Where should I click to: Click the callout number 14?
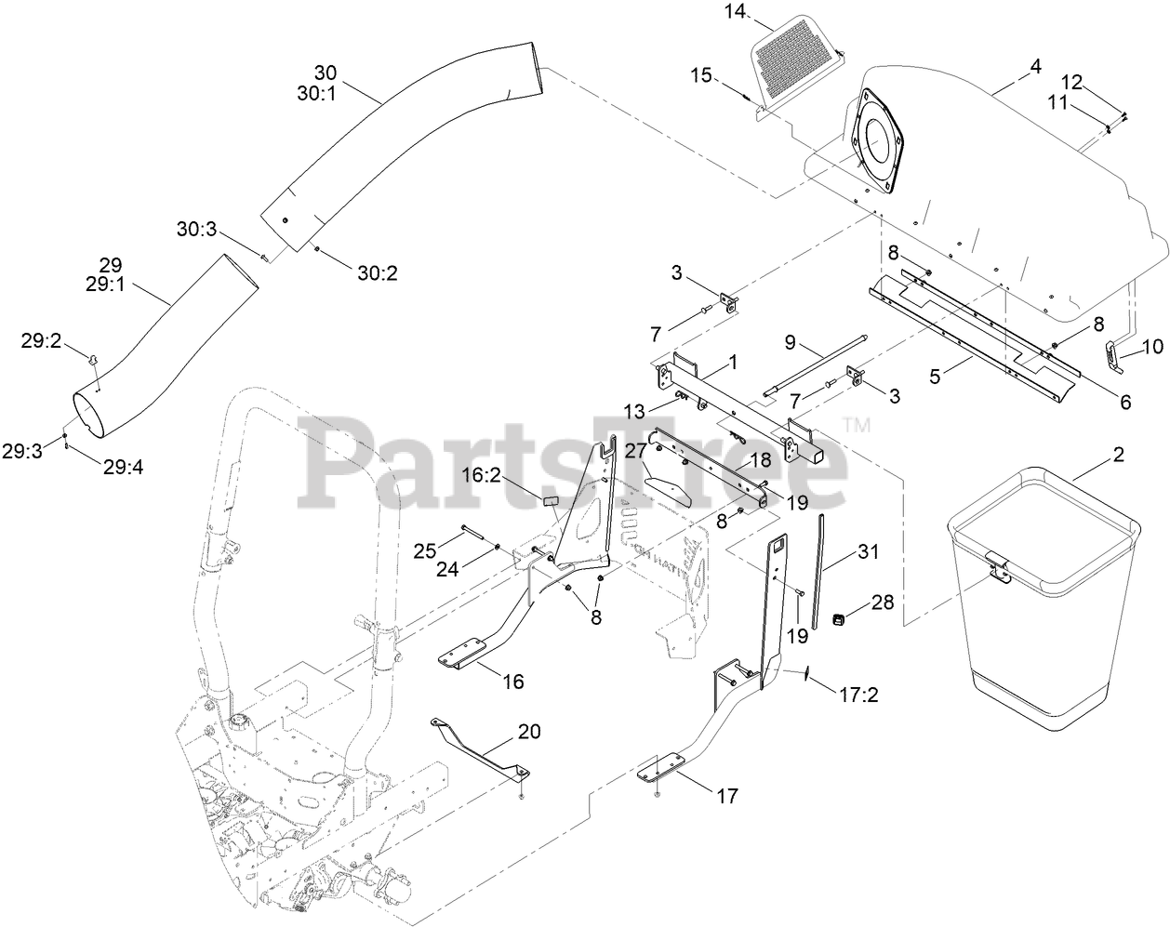[x=736, y=12]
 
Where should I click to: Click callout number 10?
[x=1151, y=347]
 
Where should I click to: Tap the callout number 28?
[x=881, y=603]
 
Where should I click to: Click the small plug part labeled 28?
[x=837, y=619]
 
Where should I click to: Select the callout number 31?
[x=868, y=551]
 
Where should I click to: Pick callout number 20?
[x=528, y=731]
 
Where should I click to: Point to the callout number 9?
[x=790, y=341]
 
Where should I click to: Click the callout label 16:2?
[x=508, y=476]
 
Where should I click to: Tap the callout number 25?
[x=425, y=550]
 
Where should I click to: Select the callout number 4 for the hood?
[x=1035, y=67]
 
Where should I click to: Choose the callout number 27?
[x=635, y=451]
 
